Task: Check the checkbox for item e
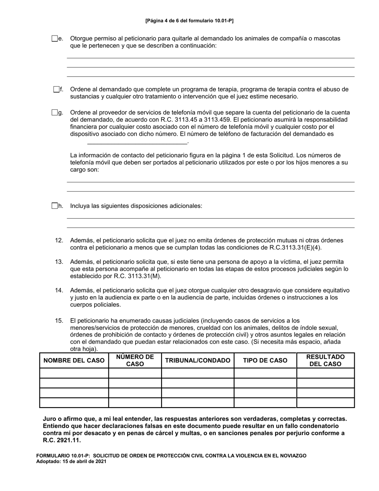[55, 39]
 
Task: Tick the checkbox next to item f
[56, 89]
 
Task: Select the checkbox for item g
[55, 113]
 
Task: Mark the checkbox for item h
[55, 206]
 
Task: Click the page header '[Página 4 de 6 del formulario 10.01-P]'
[189, 20]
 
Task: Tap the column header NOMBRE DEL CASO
[74, 360]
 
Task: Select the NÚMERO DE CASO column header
[135, 360]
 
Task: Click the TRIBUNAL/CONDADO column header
[197, 360]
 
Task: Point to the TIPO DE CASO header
[265, 360]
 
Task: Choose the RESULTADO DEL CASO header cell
[326, 360]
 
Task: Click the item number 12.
[59, 241]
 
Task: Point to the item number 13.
[59, 262]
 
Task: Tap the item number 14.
[59, 291]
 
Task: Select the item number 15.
[59, 321]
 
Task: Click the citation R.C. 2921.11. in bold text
[61, 441]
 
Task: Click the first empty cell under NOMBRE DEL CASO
[74, 373]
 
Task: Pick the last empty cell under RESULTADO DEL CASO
[326, 402]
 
